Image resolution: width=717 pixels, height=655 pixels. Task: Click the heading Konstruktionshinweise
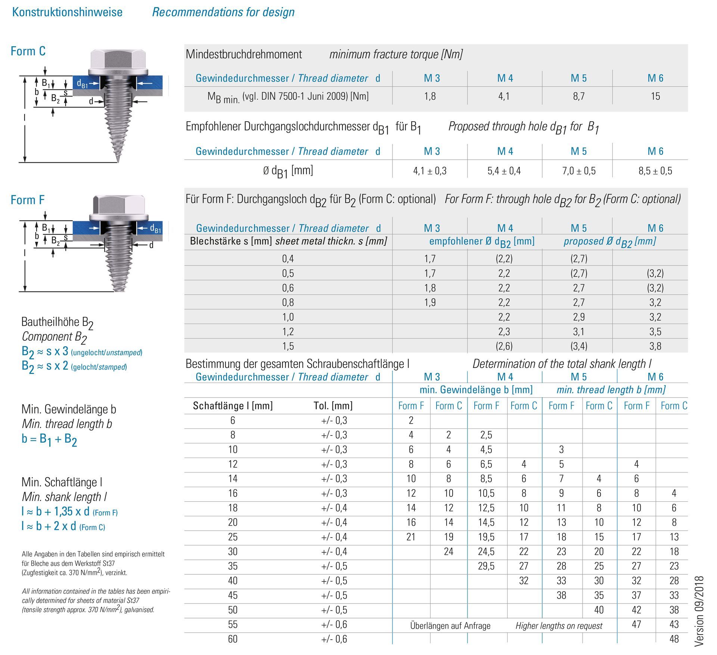click(67, 12)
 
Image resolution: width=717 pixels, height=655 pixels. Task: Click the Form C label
click(28, 51)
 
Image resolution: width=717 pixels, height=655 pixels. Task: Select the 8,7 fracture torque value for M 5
click(578, 96)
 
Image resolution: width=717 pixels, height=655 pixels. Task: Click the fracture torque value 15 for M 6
click(655, 96)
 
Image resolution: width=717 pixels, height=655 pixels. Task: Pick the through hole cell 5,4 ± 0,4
click(504, 171)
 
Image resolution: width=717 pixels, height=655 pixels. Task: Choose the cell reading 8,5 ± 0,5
click(655, 171)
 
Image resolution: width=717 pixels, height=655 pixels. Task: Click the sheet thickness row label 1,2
click(288, 331)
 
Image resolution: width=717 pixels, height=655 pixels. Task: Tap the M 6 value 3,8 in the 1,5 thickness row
click(655, 346)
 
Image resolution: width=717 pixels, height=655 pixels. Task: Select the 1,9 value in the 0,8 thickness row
click(430, 302)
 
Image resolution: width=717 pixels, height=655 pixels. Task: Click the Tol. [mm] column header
click(333, 406)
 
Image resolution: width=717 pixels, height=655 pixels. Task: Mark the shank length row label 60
click(233, 639)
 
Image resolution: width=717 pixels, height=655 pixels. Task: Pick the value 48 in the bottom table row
click(674, 639)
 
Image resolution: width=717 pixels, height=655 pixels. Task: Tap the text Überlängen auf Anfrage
click(450, 626)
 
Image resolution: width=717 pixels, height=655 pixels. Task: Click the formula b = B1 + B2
click(49, 439)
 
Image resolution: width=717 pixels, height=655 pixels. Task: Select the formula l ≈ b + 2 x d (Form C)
click(63, 526)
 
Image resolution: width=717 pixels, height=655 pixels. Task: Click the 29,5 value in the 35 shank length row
click(486, 566)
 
